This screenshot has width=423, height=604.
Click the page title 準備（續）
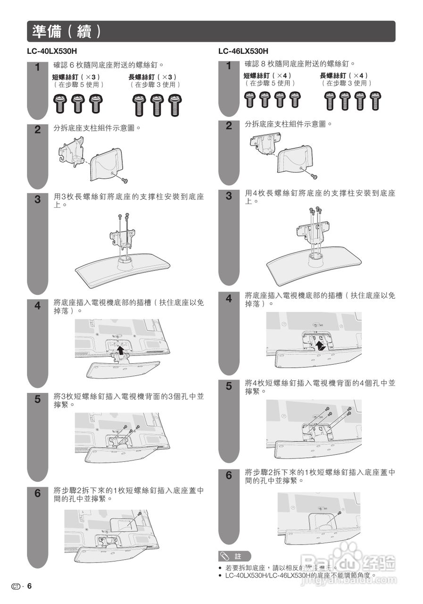click(66, 31)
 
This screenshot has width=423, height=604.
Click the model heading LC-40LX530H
click(52, 51)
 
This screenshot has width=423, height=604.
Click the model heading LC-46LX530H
click(243, 51)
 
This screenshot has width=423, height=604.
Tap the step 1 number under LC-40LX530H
click(38, 67)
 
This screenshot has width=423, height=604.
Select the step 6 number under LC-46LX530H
click(229, 475)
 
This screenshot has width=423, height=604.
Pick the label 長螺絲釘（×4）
click(344, 75)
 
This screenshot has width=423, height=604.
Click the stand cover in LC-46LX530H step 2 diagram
click(295, 160)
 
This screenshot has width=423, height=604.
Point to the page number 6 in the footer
click(29, 586)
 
